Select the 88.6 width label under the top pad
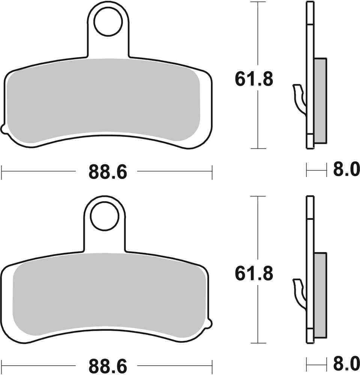pyautogui.click(x=108, y=172)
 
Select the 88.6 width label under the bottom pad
pyautogui.click(x=108, y=364)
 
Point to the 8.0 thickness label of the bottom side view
pyautogui.click(x=346, y=364)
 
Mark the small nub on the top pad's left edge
pyautogui.click(x=3, y=130)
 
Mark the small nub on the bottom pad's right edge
pyautogui.click(x=210, y=322)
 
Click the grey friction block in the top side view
pyautogui.click(x=320, y=100)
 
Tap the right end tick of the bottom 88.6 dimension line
pyautogui.click(x=212, y=364)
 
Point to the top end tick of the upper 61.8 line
pyautogui.click(x=258, y=2)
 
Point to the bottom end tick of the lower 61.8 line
pyautogui.click(x=258, y=343)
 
